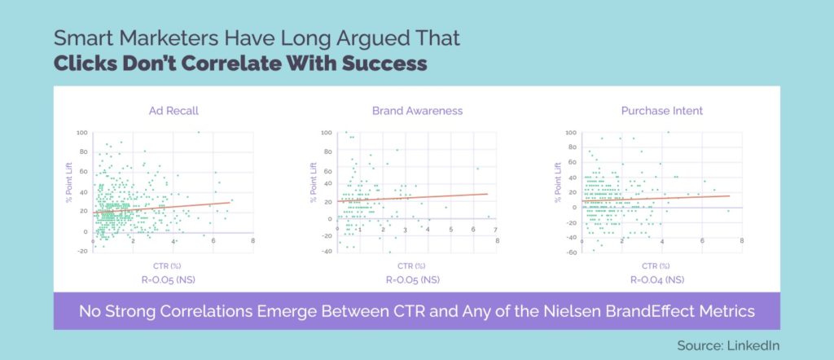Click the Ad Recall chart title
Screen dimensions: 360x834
click(173, 110)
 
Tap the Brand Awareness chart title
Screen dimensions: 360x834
click(416, 110)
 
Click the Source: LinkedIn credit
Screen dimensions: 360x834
click(728, 345)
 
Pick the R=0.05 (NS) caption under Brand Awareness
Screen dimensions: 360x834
click(414, 279)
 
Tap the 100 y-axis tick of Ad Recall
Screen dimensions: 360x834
click(82, 133)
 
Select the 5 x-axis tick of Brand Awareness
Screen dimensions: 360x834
click(451, 230)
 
